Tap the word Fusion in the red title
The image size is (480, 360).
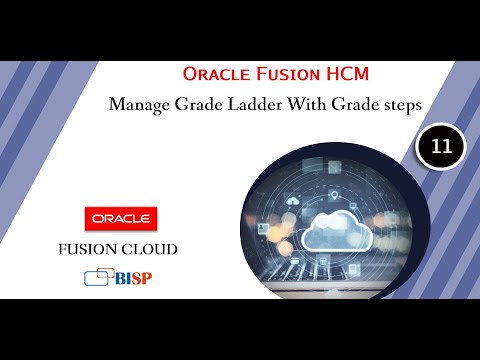click(x=275, y=74)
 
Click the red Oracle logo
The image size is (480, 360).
click(x=120, y=217)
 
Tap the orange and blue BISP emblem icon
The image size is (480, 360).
click(x=97, y=277)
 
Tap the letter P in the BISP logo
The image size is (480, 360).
click(x=148, y=277)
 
